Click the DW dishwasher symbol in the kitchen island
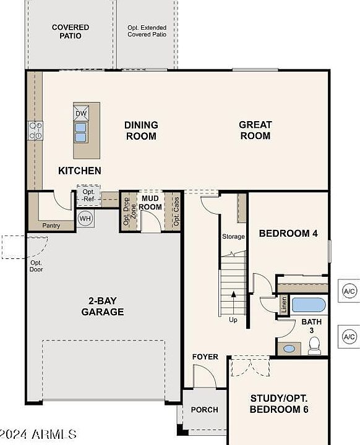[x=81, y=113]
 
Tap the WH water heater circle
[x=85, y=218]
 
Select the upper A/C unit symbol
[x=349, y=291]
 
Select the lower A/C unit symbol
[x=349, y=337]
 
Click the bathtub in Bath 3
[x=309, y=305]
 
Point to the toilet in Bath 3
[x=315, y=345]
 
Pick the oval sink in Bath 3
[x=289, y=349]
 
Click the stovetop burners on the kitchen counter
[x=35, y=130]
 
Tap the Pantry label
[x=51, y=226]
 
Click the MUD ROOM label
[x=150, y=203]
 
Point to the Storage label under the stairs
[x=233, y=236]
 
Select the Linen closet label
[x=283, y=305]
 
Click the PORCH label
[x=205, y=410]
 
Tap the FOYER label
[x=205, y=357]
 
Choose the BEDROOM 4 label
[x=288, y=233]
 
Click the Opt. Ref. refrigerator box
[x=88, y=195]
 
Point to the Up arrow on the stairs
[x=234, y=302]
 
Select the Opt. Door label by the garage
[x=36, y=266]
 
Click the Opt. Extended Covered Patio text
[x=147, y=31]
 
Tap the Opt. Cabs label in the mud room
[x=176, y=211]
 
